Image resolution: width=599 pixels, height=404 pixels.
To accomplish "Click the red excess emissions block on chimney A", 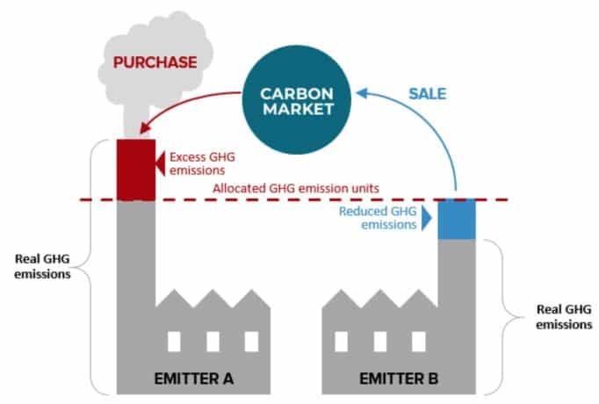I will (135, 169).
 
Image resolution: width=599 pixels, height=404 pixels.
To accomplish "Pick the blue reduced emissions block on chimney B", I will (457, 219).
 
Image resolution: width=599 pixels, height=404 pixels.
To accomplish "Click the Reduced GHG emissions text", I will (377, 218).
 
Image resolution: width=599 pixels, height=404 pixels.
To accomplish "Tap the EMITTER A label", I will (194, 381).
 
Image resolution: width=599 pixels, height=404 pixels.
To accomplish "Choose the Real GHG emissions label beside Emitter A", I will (44, 266).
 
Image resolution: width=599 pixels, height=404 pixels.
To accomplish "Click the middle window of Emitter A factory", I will (213, 341).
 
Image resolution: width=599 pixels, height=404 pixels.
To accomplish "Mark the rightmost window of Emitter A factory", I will (252, 341).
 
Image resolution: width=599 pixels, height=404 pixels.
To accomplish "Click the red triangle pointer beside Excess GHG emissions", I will (160, 161).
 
